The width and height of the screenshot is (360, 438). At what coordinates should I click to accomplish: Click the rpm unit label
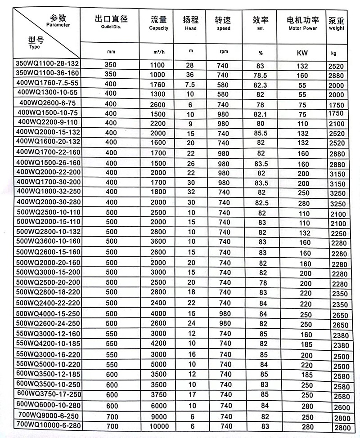[224, 52]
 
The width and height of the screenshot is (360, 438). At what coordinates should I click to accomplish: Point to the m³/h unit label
[158, 52]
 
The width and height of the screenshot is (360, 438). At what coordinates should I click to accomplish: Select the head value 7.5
[190, 85]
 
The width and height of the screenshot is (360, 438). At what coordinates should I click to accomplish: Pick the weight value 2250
[338, 234]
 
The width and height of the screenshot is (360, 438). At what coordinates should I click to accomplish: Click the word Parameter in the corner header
[58, 25]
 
